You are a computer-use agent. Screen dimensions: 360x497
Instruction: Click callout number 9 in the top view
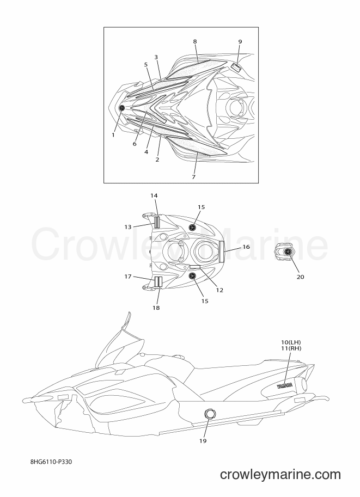tap(240, 41)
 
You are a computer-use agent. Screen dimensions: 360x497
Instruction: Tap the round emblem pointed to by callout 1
tap(121, 108)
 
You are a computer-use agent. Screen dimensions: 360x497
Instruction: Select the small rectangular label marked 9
tap(236, 67)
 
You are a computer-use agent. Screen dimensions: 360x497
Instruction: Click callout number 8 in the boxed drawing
tap(195, 41)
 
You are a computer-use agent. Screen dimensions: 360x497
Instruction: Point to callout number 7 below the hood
tap(193, 176)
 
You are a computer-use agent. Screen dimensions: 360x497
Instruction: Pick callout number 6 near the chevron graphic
tap(135, 144)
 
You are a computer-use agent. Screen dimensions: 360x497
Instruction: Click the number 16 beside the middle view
tap(246, 247)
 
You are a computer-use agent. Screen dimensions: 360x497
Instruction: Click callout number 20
tap(301, 277)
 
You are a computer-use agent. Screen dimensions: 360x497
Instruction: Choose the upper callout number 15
tap(202, 207)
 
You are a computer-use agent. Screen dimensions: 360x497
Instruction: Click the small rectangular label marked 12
tap(195, 267)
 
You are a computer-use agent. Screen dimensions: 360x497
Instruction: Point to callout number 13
tap(127, 227)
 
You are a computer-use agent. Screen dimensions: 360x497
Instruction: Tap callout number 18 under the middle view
tap(156, 308)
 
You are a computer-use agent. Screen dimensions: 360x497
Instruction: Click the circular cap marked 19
tap(210, 413)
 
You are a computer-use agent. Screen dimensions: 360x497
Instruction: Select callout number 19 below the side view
tap(203, 440)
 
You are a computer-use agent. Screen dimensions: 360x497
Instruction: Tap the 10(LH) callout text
tap(291, 342)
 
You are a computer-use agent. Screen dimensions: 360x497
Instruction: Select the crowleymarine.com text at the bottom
tap(280, 475)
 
